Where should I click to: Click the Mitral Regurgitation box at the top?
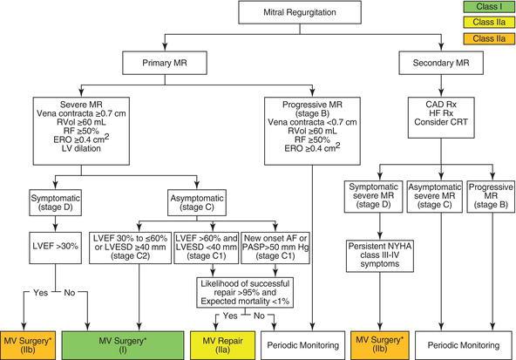pyautogui.click(x=300, y=12)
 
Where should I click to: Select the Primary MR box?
pyautogui.click(x=165, y=63)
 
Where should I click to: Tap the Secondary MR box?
pyautogui.click(x=441, y=63)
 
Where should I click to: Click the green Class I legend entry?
pyautogui.click(x=489, y=7)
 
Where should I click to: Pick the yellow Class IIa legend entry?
pyautogui.click(x=489, y=23)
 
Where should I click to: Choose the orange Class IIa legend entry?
pyautogui.click(x=489, y=38)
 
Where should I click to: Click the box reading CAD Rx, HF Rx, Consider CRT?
pyautogui.click(x=441, y=118)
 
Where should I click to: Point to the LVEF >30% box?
pyautogui.click(x=55, y=248)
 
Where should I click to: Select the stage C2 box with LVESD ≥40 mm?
pyautogui.click(x=131, y=248)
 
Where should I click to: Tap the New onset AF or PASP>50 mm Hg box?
pyautogui.click(x=275, y=248)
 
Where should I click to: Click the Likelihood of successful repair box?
pyautogui.click(x=245, y=293)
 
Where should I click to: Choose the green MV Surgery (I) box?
pyautogui.click(x=123, y=345)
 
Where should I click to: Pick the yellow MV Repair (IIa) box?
pyautogui.click(x=223, y=345)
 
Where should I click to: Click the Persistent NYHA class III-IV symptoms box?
pyautogui.click(x=380, y=256)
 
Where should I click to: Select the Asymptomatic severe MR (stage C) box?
pyautogui.click(x=435, y=196)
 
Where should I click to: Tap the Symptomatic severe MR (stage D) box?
pyautogui.click(x=374, y=196)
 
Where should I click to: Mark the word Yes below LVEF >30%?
pyautogui.click(x=40, y=293)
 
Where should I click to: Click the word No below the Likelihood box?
pyautogui.click(x=259, y=316)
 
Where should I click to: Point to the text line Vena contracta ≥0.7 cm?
pyautogui.click(x=81, y=113)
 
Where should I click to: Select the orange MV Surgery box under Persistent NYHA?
pyautogui.click(x=380, y=345)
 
